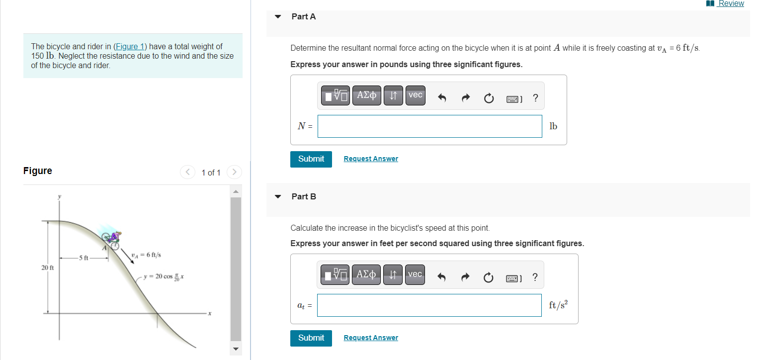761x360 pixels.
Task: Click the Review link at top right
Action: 731,3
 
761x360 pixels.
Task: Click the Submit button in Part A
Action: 311,159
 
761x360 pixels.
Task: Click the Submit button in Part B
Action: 311,338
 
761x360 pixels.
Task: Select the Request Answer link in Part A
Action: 371,159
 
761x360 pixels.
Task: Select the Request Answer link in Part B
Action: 371,338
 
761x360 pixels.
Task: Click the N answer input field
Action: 429,126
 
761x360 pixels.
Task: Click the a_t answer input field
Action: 429,305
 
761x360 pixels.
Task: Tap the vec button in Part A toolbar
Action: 415,95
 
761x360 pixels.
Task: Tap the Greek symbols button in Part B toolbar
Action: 366,274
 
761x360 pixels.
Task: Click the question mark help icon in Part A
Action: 535,98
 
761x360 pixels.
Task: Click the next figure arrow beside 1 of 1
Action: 234,173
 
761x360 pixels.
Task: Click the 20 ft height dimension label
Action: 47,268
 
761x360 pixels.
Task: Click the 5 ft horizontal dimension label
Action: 83,258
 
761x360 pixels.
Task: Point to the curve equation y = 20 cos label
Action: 164,276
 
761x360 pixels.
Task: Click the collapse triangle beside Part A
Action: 278,17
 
